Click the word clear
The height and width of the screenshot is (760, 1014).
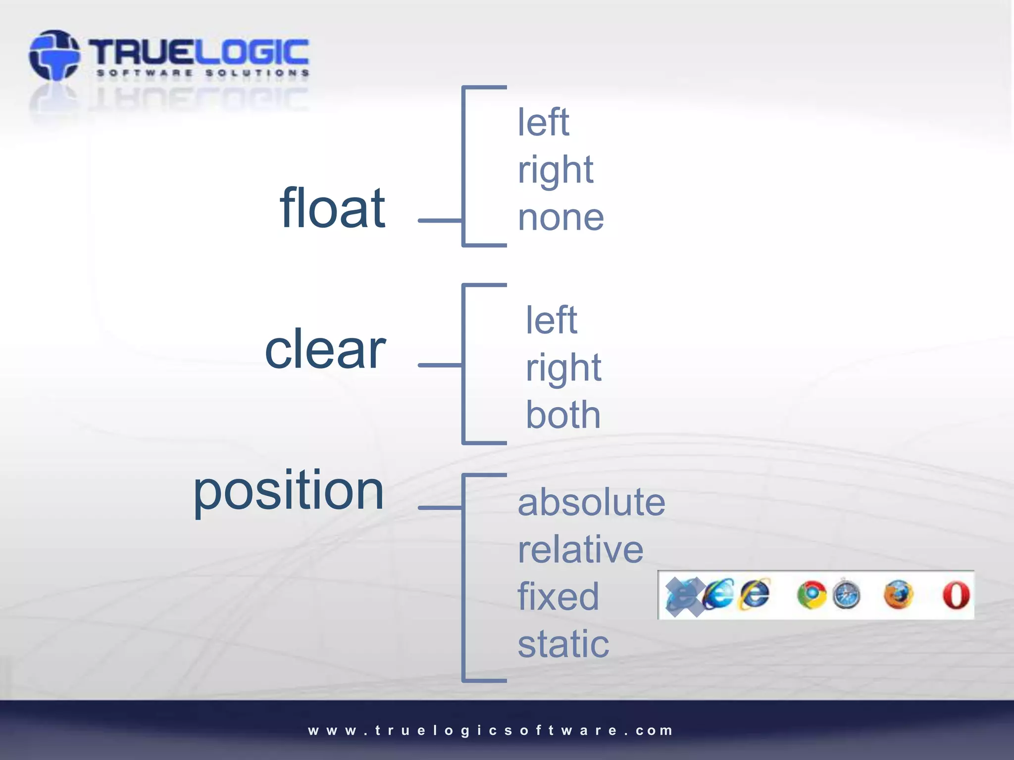(325, 349)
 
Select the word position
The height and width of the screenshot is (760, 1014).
(288, 491)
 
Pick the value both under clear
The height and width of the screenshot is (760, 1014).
(563, 415)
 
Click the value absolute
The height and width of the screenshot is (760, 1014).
(591, 502)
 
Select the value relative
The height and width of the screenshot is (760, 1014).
(580, 549)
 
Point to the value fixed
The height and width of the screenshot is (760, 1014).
(558, 596)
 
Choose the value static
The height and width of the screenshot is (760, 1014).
(563, 644)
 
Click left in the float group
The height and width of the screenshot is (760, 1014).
(543, 122)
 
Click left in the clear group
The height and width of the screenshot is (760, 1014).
(551, 320)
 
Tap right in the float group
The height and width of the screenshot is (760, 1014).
(555, 170)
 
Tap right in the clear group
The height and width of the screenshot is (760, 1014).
(563, 368)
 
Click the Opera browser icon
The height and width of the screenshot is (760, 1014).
(956, 595)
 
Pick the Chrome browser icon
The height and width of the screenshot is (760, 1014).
(811, 595)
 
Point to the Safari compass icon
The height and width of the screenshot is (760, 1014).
(846, 595)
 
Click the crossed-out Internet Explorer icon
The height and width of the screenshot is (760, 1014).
(684, 596)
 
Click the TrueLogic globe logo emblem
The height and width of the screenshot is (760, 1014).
(54, 55)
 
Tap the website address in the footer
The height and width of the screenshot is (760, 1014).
(490, 730)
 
